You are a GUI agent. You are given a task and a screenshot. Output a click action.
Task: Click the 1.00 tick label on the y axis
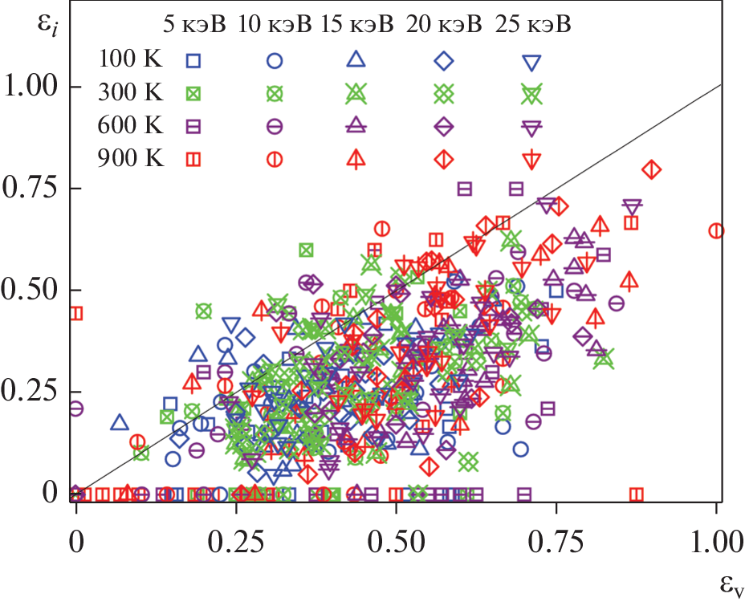pyautogui.click(x=32, y=87)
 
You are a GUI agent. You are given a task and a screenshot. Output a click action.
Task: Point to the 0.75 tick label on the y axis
pyautogui.click(x=32, y=189)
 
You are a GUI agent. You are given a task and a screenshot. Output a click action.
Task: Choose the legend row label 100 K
pyautogui.click(x=130, y=59)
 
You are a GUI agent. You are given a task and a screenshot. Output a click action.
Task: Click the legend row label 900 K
pyautogui.click(x=130, y=158)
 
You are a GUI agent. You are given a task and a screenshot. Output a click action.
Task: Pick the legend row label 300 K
pyautogui.click(x=130, y=92)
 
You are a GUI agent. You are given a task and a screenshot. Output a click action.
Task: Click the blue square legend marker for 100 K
pyautogui.click(x=193, y=60)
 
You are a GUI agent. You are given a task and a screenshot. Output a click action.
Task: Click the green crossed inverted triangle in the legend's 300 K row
pyautogui.click(x=530, y=93)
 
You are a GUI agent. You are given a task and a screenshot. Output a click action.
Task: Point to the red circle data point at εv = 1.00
pyautogui.click(x=716, y=231)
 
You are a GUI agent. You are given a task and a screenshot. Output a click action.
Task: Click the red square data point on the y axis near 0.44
pyautogui.click(x=76, y=313)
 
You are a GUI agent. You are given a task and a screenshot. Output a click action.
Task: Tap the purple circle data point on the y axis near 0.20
pyautogui.click(x=76, y=409)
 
